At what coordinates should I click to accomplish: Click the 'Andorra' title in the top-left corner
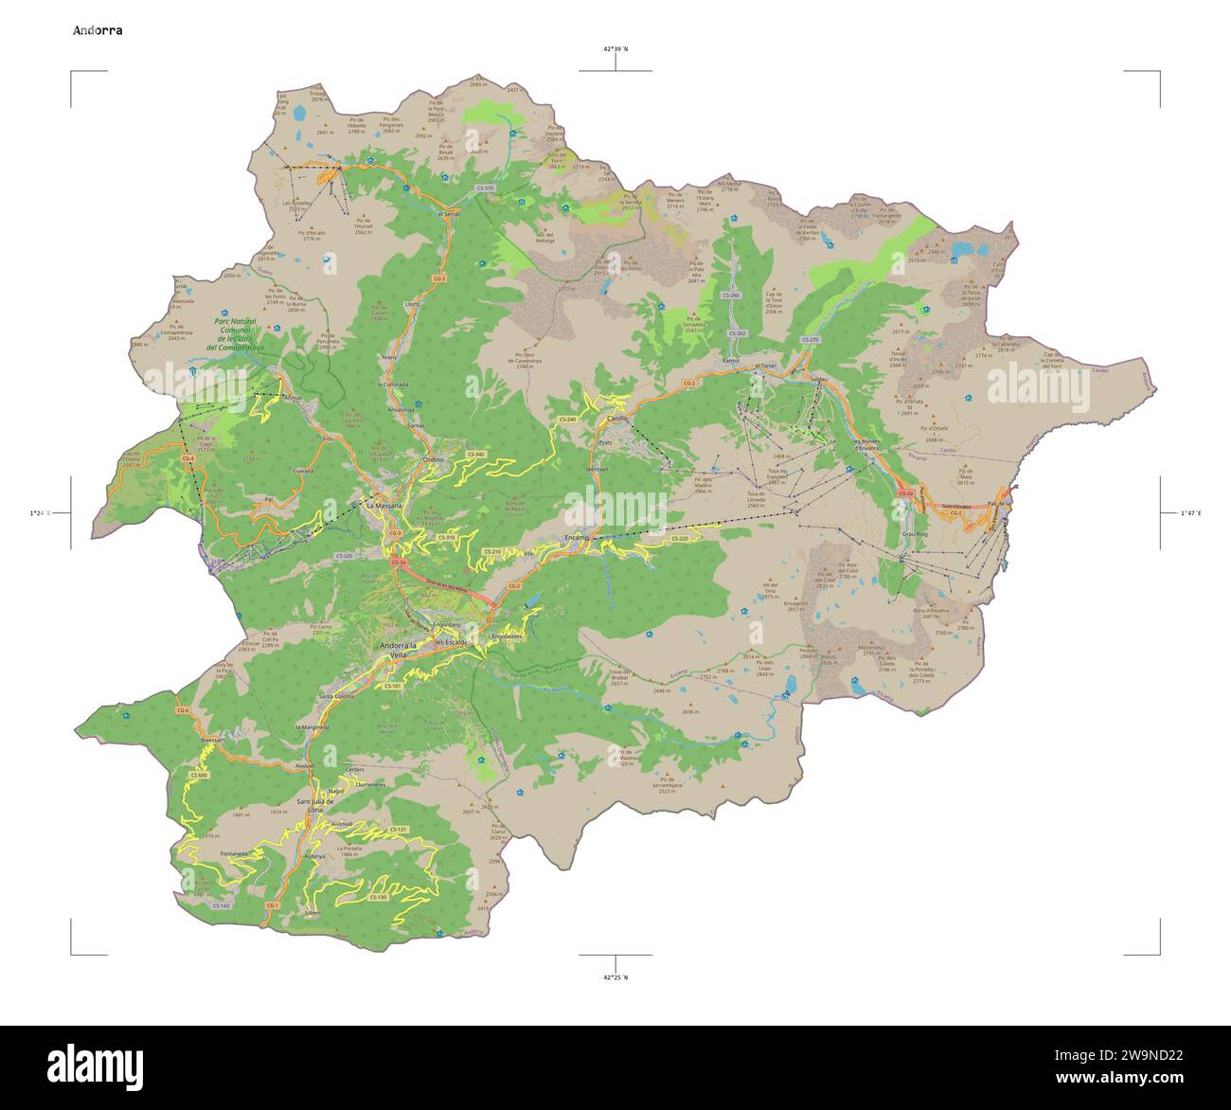tap(98, 30)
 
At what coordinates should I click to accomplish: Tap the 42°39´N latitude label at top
tap(615, 48)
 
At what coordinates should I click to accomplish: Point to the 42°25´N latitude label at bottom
tap(615, 976)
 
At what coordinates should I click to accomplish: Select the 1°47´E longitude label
tap(1190, 513)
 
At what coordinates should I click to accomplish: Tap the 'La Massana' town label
tap(384, 506)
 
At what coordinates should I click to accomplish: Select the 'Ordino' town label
tap(433, 460)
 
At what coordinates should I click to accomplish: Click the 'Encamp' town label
tap(577, 537)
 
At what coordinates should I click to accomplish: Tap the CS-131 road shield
tap(398, 830)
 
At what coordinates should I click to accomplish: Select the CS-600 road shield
tap(198, 775)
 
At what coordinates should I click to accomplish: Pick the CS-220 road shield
tap(680, 539)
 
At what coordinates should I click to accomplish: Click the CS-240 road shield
tap(566, 419)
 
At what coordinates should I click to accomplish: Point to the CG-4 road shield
tap(187, 459)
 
